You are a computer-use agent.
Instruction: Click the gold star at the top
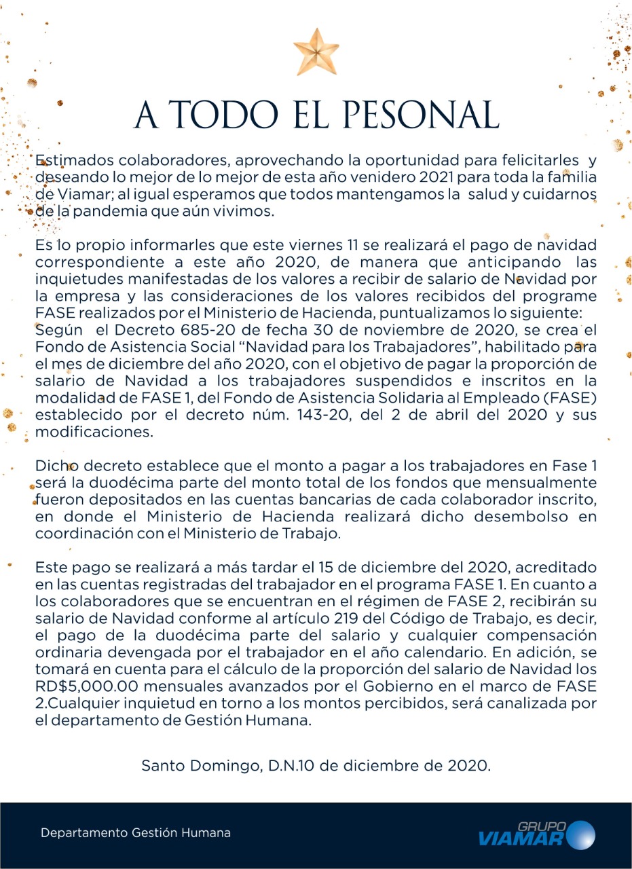pyautogui.click(x=316, y=52)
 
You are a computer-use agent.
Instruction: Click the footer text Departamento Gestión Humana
pyautogui.click(x=136, y=832)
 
